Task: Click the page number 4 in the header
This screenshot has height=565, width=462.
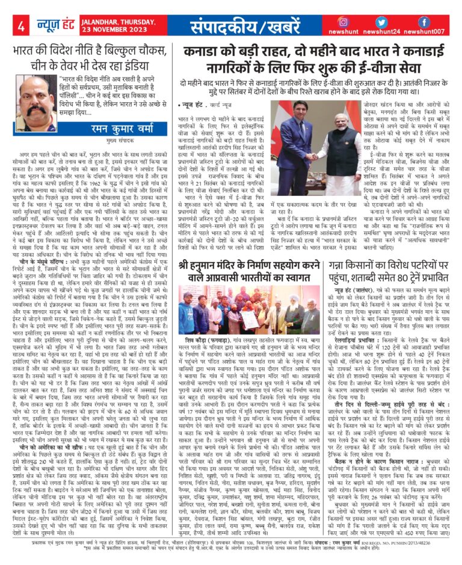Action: click(20, 26)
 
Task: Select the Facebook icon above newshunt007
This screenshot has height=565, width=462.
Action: click(424, 22)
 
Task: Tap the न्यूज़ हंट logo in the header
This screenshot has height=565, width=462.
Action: click(55, 27)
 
